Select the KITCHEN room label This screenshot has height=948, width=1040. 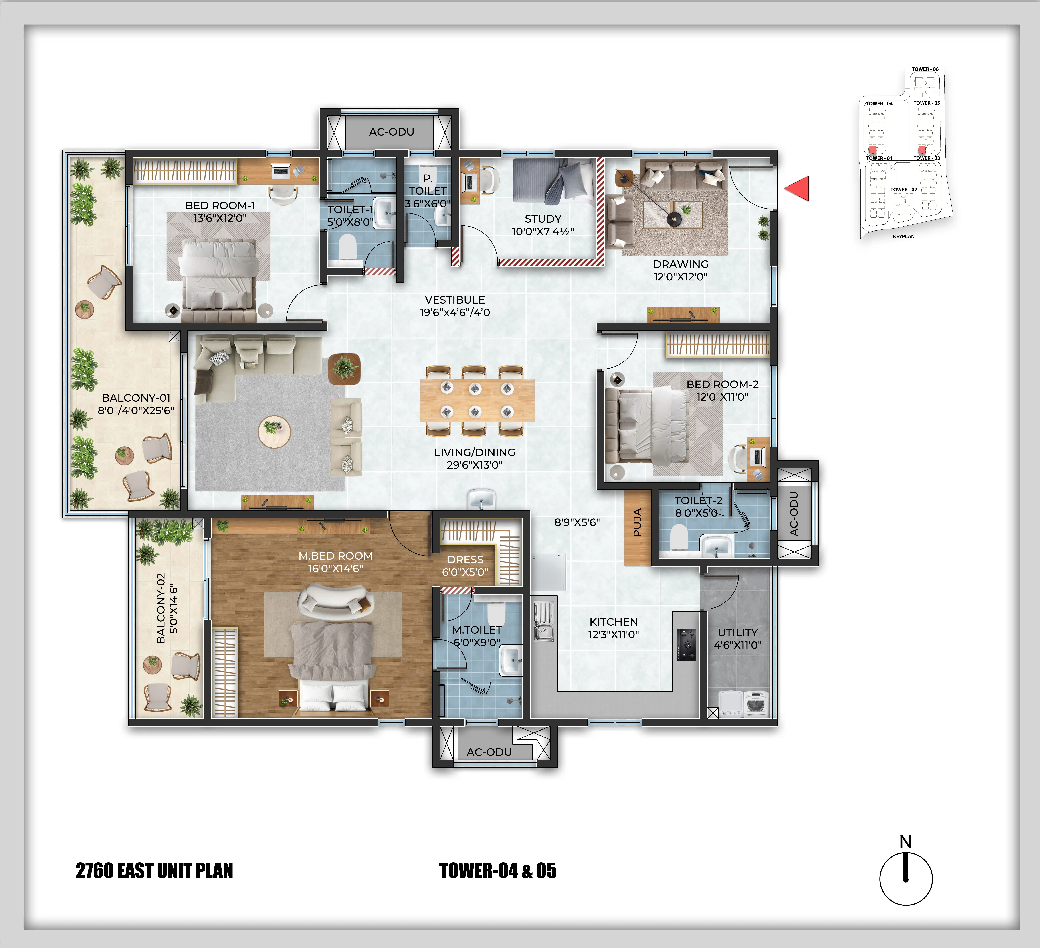[613, 622]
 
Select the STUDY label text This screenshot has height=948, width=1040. [543, 219]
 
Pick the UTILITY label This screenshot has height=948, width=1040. [738, 632]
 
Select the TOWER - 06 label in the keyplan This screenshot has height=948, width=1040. [925, 69]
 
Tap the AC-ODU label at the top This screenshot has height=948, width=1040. [392, 132]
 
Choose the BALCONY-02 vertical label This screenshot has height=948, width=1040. [161, 608]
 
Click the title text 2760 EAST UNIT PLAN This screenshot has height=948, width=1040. [154, 871]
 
